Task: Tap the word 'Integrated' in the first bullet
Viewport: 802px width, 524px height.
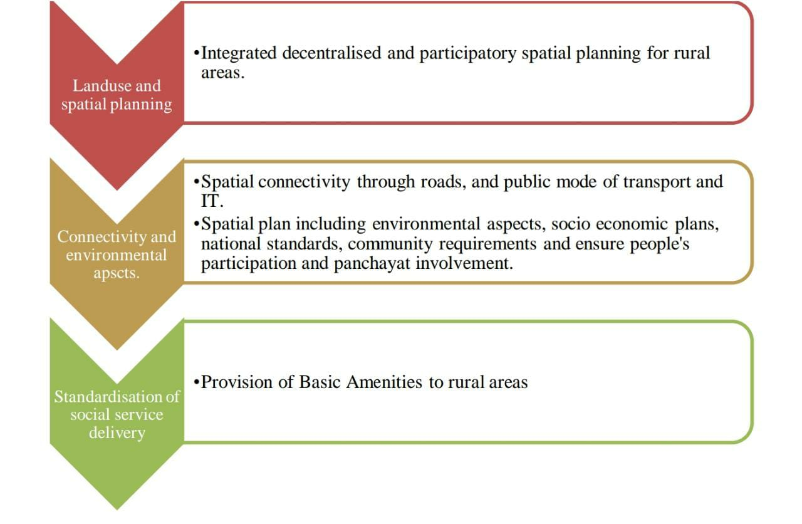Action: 239,54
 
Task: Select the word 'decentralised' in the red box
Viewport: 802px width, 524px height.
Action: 331,53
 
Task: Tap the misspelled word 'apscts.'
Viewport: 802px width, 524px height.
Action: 117,274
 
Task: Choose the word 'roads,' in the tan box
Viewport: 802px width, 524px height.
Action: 443,182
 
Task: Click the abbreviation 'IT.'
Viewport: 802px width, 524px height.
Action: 212,201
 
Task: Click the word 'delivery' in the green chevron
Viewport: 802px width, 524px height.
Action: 117,433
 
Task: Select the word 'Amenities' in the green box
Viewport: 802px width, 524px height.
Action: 384,382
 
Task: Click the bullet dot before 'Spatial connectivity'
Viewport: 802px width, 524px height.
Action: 196,182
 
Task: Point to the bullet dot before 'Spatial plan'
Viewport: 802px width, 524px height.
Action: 196,224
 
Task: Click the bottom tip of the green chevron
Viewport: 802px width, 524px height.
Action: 117,510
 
